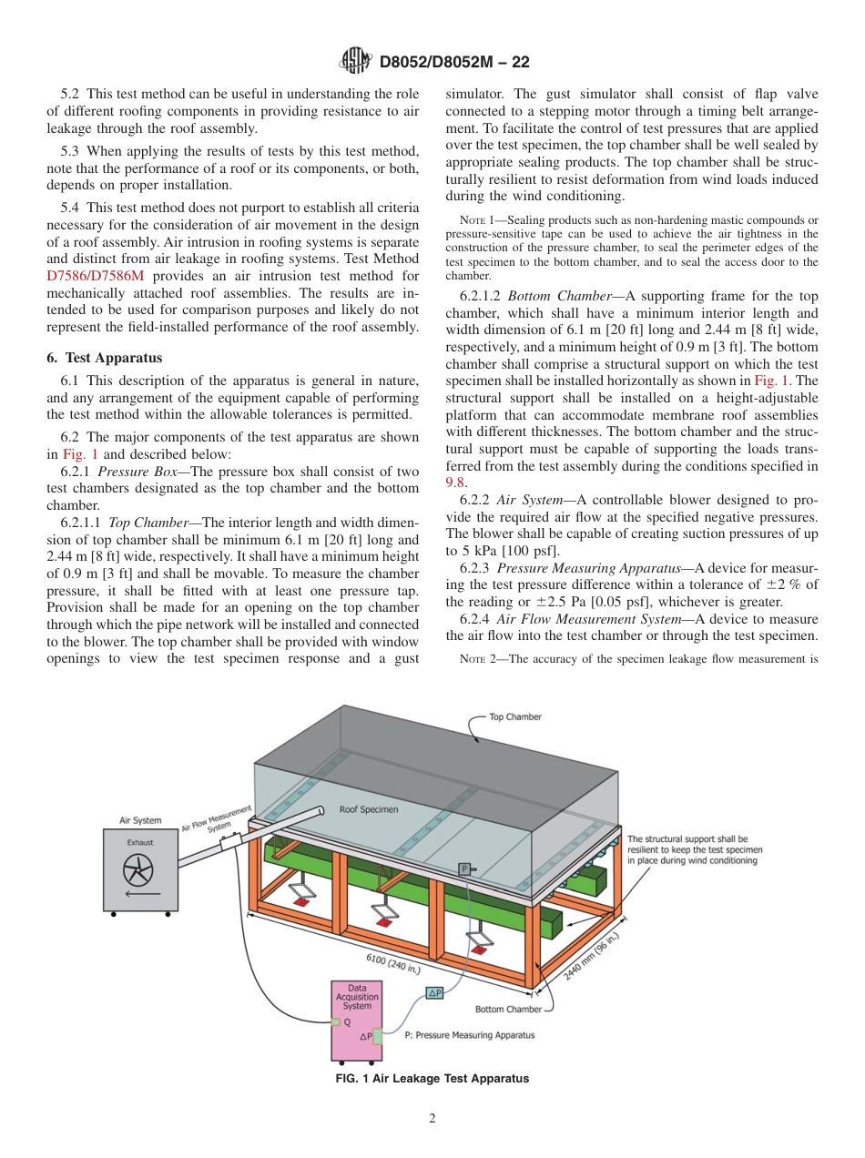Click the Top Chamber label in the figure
pos(515,716)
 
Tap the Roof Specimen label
pos(368,809)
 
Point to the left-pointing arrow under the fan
pos(138,896)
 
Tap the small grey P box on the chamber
pos(463,869)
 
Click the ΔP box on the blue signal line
pos(434,993)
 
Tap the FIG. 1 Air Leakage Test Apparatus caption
pos(432,1079)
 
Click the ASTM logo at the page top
pos(354,62)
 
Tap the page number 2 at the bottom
pos(432,1119)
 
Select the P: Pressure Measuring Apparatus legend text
pos(469,1035)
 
